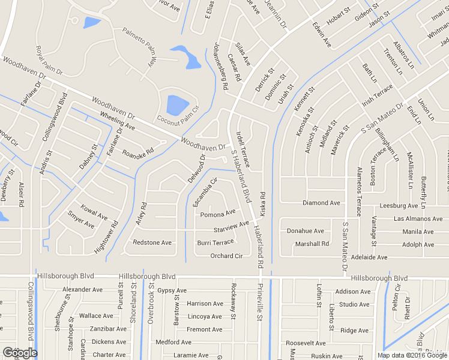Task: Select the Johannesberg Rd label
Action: pos(220,67)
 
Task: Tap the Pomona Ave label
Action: pos(217,214)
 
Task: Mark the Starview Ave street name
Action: pos(231,227)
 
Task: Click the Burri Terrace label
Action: pos(215,242)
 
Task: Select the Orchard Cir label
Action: pos(226,256)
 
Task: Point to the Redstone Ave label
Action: pos(152,243)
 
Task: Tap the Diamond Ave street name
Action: pos(321,203)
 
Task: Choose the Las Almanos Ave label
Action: pos(418,219)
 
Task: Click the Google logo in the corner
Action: pos(20,353)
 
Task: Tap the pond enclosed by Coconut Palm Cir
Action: pos(178,105)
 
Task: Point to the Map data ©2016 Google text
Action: pos(412,355)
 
